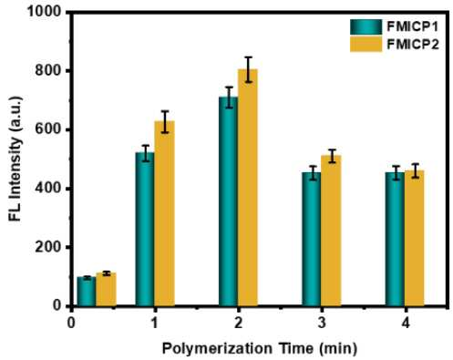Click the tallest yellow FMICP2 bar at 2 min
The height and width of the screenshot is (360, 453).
[x=248, y=188]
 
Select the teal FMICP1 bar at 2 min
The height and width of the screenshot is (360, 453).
[x=228, y=201]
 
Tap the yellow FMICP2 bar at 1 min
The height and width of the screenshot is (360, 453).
[x=165, y=213]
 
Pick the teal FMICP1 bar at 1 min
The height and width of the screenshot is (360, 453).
[x=145, y=229]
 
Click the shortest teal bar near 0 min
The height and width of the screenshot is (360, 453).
[x=87, y=292]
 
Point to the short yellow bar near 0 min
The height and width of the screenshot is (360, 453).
[x=106, y=290]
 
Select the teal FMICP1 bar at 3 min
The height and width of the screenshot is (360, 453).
[x=312, y=239]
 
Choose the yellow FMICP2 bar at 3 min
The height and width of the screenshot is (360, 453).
[x=331, y=231]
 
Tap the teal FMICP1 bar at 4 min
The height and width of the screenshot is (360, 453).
[x=395, y=239]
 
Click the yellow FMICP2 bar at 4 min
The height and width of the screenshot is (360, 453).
[x=415, y=238]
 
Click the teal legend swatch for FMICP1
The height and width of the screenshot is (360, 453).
[x=366, y=27]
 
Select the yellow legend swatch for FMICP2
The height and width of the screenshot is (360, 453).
[x=366, y=45]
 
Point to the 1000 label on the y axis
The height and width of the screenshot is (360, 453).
[x=45, y=12]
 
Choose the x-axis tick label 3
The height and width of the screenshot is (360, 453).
[x=322, y=323]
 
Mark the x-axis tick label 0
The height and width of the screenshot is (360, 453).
[x=71, y=323]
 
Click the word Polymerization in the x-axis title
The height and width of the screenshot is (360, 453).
[x=217, y=349]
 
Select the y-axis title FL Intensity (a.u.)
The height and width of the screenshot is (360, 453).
[x=15, y=159]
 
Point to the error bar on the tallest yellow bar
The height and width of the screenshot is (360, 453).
[x=248, y=69]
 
